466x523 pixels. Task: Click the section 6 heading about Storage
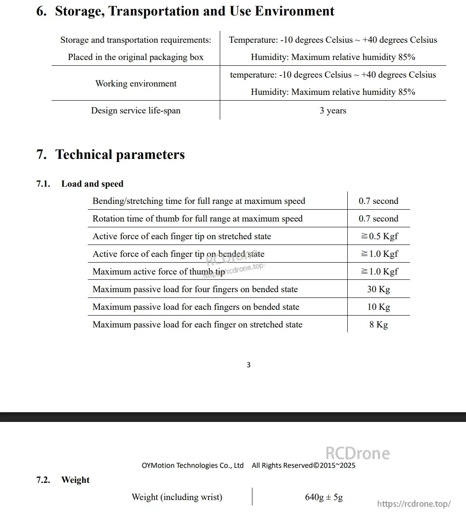185,11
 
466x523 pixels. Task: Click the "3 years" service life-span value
333,110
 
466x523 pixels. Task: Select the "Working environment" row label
136,83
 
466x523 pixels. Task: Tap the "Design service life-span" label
136,110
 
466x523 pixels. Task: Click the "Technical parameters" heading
120,154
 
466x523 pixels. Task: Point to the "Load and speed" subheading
92,184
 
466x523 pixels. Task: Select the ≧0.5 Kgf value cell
379,236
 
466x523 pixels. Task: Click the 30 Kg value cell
379,289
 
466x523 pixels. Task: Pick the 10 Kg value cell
379,307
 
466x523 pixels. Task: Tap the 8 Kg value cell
379,324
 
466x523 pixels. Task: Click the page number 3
248,365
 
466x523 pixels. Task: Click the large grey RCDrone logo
357,453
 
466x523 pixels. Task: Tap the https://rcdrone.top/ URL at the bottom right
414,504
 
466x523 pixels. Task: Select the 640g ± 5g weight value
324,497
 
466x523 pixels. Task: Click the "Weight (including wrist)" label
177,497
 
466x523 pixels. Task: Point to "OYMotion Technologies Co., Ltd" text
192,465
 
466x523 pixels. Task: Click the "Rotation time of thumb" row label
197,218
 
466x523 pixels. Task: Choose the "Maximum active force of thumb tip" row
158,271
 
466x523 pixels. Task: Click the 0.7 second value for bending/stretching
379,201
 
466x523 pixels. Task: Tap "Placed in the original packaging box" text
136,57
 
